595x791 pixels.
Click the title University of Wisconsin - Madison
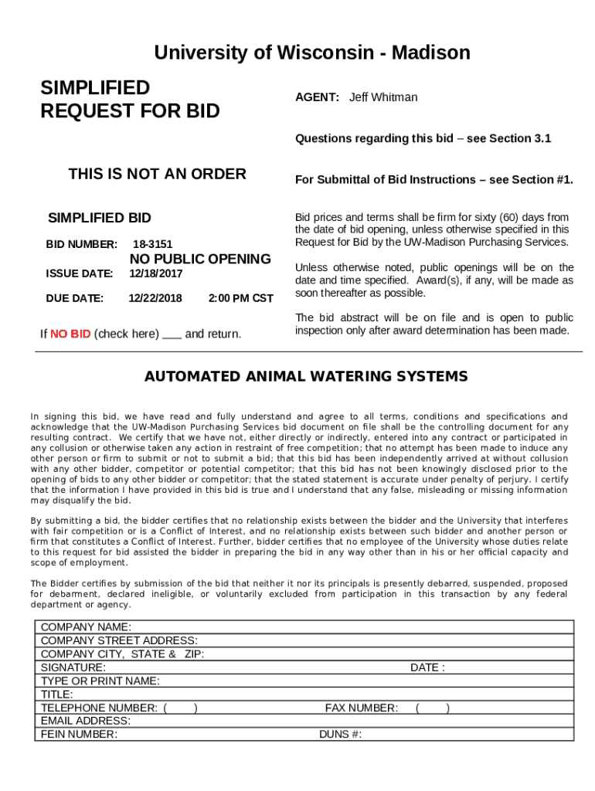pos(311,53)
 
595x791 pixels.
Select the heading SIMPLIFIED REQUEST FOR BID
pos(130,100)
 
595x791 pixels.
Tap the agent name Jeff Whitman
pos(382,97)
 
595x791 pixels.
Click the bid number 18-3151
pos(152,244)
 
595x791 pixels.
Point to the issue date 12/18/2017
pos(155,273)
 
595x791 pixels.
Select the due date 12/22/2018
pos(155,298)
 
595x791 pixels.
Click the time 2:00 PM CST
pos(240,298)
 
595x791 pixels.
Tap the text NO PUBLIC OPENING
pos(199,259)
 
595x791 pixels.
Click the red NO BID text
pos(70,334)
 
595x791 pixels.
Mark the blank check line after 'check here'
pos(172,335)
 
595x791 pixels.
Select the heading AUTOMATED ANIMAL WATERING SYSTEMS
pos(306,377)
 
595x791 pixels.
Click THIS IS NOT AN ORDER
pos(157,175)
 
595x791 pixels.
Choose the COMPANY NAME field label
pos(86,627)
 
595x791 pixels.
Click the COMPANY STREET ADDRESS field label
pos(119,640)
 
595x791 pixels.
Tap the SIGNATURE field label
pos(73,667)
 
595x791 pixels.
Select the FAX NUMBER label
pos(361,708)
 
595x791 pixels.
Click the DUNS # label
pos(340,735)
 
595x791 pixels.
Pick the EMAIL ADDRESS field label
pos(85,721)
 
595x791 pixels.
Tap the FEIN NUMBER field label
pos(79,735)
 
